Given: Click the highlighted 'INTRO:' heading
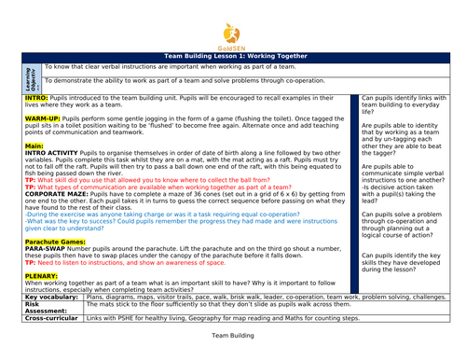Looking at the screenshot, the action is (x=36, y=97).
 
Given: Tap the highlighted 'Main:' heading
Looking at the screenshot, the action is (x=34, y=146).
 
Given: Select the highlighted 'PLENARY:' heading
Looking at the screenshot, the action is (x=42, y=276).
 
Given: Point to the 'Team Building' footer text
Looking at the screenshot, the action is (x=232, y=333).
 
